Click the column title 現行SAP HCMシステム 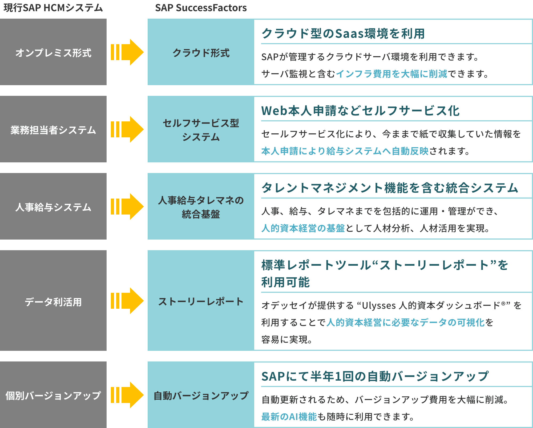click(53, 8)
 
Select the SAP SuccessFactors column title click(201, 8)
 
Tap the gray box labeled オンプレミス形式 click(53, 52)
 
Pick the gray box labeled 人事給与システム click(53, 207)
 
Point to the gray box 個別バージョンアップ click(53, 395)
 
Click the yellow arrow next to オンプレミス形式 click(127, 52)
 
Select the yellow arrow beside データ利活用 click(127, 301)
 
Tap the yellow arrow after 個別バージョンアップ click(127, 395)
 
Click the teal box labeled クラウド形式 click(201, 52)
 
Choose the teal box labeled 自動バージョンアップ click(201, 395)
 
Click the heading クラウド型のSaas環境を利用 click(343, 34)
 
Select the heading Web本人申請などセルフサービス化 click(360, 111)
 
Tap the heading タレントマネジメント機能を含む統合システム click(390, 188)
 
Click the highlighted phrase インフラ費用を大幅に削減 click(391, 74)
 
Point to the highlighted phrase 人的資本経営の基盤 click(303, 228)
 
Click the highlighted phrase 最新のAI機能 click(289, 417)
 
